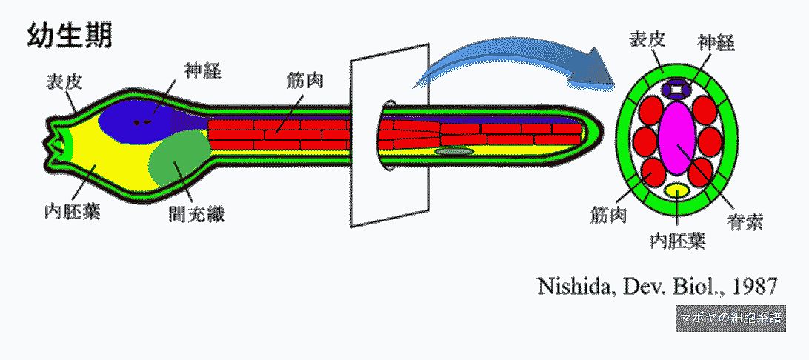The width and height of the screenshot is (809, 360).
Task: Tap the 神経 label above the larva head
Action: pos(203,72)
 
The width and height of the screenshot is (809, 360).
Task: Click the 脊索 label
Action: pos(745,221)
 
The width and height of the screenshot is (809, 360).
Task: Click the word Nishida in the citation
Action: pos(571,287)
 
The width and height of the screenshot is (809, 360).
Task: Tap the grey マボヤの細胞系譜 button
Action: pos(730,318)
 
